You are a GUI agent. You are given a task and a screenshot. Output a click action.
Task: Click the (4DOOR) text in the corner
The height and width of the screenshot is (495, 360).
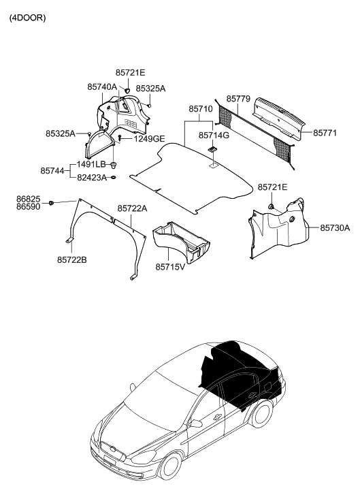tap(27, 18)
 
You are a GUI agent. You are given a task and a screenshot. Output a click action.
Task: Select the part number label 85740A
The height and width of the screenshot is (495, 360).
tap(101, 88)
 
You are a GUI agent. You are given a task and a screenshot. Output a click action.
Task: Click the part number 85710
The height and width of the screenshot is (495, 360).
tap(200, 109)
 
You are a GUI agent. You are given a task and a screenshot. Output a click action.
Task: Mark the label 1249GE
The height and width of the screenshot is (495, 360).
tap(148, 139)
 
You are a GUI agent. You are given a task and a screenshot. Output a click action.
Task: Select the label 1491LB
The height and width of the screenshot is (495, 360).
tap(91, 165)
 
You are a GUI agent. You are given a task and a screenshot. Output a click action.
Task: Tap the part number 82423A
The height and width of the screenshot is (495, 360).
tap(91, 177)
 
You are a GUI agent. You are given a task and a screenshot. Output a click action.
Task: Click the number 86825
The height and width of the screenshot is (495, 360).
tap(28, 198)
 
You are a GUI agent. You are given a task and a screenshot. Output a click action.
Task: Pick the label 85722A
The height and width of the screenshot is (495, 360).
tap(133, 208)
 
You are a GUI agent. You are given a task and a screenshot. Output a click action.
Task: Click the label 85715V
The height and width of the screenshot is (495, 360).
tap(170, 267)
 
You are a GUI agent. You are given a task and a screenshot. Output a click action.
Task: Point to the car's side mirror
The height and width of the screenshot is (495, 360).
tap(196, 424)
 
